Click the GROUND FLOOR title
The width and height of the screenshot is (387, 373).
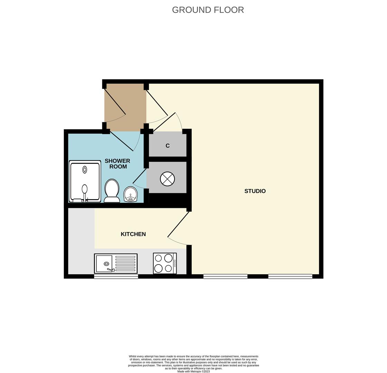[208, 10]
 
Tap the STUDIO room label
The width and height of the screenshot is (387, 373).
[255, 191]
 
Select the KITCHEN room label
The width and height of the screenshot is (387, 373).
[133, 234]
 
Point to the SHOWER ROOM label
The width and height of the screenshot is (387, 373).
[117, 164]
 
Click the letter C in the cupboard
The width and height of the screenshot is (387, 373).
[168, 146]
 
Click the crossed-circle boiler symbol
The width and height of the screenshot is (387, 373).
[168, 179]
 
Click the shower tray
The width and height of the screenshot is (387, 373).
[85, 182]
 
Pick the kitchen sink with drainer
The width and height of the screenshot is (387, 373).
[116, 264]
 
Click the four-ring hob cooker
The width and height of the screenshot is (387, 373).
[165, 264]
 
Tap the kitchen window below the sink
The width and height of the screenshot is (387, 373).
[116, 277]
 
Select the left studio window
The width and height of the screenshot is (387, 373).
[225, 276]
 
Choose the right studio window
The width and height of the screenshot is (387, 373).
[290, 276]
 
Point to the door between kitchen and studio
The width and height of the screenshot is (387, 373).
[178, 224]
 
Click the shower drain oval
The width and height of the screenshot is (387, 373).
[85, 170]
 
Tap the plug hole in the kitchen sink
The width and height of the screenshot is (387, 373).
[106, 264]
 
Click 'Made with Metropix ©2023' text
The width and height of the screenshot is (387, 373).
[193, 371]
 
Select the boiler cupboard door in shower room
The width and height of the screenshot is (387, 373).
[140, 176]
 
